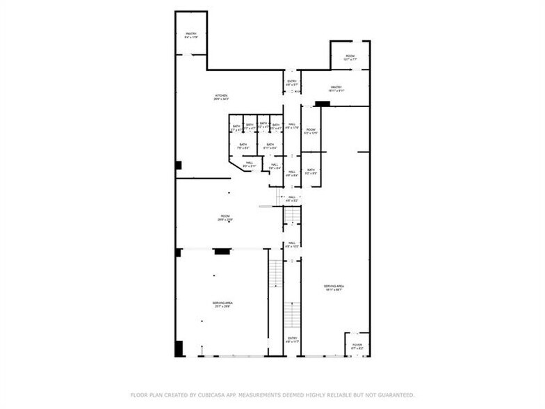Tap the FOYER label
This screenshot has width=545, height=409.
357,344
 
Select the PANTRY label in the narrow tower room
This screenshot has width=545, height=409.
190,34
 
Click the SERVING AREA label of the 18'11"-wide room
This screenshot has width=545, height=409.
334,287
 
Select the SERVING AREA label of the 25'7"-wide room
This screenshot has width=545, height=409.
222,303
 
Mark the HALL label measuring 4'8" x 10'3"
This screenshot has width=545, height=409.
292,243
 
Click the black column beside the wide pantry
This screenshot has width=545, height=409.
322,104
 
